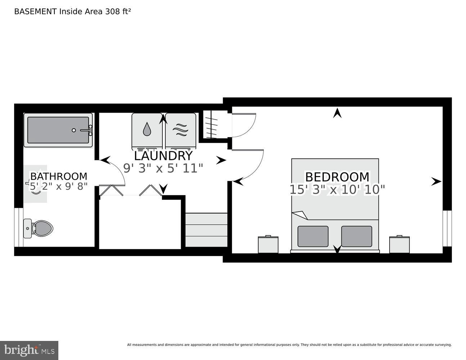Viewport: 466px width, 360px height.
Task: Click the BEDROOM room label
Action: (x=337, y=177)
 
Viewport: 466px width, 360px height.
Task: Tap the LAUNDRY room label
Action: (x=163, y=156)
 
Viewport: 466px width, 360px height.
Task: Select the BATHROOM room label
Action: (x=58, y=176)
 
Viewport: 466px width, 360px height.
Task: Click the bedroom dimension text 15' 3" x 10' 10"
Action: (x=337, y=189)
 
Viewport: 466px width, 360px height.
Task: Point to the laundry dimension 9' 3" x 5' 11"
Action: (x=163, y=168)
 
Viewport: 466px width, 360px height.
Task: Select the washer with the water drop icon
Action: (x=147, y=130)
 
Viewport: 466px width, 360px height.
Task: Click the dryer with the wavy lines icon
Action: (x=181, y=130)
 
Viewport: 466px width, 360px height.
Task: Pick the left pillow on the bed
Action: (x=313, y=236)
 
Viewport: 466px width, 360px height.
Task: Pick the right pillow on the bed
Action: (x=357, y=236)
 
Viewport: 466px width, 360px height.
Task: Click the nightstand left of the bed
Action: (x=268, y=244)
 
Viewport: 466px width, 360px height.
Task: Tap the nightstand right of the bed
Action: (x=399, y=244)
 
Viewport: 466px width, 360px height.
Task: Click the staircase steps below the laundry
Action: (x=206, y=230)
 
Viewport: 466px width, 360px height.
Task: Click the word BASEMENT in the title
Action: (x=35, y=12)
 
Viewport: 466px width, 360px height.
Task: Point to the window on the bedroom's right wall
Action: (x=447, y=228)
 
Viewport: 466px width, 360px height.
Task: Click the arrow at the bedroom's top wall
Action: (x=337, y=113)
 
